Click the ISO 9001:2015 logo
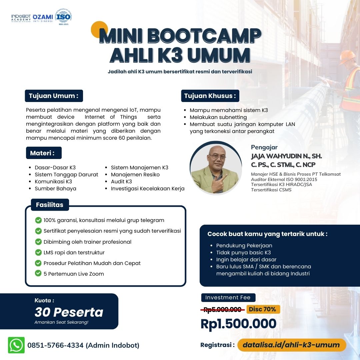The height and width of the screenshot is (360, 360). coord(64,17)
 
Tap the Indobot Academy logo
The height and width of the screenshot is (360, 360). coord(21,18)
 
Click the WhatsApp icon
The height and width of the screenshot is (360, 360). coord(16,345)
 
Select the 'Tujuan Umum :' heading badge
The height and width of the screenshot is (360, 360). coord(54,96)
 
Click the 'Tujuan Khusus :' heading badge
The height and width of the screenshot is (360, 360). coord(210,96)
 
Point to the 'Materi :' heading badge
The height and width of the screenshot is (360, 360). coord(44,153)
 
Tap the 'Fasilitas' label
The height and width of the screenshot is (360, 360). coord(50,205)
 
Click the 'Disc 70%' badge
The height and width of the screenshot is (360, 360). coord(263,309)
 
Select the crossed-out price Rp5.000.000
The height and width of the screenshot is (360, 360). coord(222,310)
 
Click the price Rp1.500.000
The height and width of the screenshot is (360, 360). coord(239,324)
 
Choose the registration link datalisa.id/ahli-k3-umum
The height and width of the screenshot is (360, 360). coord(291,345)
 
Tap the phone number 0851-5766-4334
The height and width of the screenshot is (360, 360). coord(55,345)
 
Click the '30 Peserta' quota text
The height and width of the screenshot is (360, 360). coord(69,312)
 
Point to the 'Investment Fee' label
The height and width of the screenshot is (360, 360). coord(228,298)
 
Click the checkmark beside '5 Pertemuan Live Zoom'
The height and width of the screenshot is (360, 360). coord(38,273)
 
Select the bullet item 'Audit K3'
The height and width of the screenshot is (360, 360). coord(121,182)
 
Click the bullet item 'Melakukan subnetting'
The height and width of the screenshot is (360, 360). coord(218,117)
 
